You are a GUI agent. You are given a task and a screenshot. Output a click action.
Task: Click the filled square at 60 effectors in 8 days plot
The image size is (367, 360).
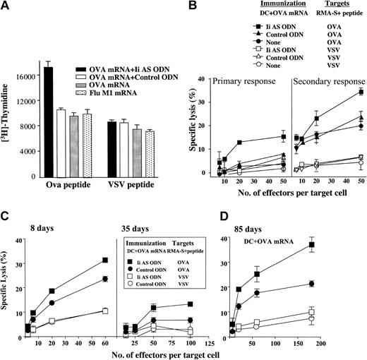(105, 260)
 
